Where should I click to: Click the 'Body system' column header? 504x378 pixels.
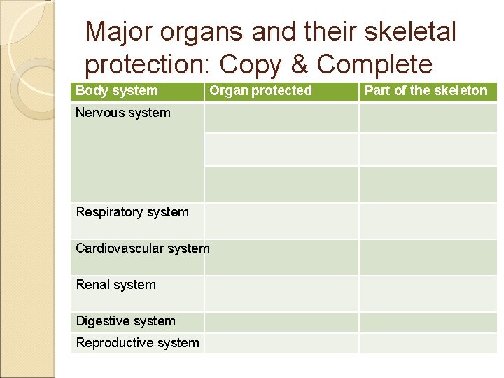(x=117, y=90)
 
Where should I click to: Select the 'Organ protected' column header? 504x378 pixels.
(x=261, y=90)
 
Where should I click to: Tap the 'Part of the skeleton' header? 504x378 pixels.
(x=426, y=90)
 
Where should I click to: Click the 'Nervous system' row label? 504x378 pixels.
(x=123, y=113)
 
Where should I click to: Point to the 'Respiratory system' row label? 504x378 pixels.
(x=132, y=212)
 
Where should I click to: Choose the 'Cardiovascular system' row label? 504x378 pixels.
(x=142, y=248)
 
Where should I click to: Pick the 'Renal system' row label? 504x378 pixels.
(x=116, y=285)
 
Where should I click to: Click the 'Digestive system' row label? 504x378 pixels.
(x=126, y=321)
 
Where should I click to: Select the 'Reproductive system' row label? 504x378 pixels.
(x=137, y=343)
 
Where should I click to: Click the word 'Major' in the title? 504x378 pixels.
(x=119, y=31)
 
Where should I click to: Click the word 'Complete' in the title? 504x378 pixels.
(x=374, y=64)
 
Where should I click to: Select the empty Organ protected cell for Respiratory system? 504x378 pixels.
(x=281, y=221)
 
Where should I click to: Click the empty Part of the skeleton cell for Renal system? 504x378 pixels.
(x=428, y=293)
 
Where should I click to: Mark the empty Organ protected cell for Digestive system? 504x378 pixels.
(x=281, y=322)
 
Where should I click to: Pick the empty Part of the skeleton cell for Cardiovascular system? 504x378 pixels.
(x=428, y=257)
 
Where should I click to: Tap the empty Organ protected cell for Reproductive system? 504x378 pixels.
(x=281, y=343)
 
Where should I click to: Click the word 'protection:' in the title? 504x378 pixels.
(x=148, y=64)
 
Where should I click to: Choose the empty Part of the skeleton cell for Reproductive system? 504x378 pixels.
(x=428, y=343)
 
